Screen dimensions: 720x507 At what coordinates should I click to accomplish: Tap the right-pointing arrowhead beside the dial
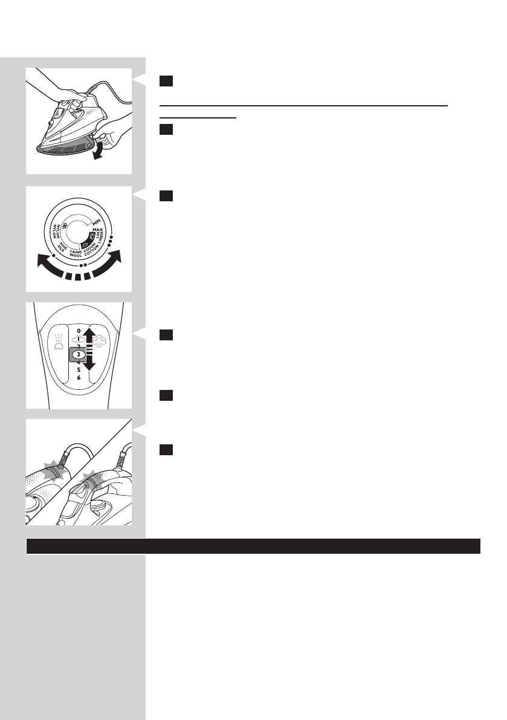115,256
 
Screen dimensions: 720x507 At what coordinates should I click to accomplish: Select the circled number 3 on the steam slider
79,354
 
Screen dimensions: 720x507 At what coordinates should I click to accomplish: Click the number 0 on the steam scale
79,331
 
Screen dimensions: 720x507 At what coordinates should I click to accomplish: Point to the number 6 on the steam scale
79,378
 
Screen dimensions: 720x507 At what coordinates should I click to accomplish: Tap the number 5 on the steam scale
79,370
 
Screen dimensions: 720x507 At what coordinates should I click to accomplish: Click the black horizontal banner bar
253,546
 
